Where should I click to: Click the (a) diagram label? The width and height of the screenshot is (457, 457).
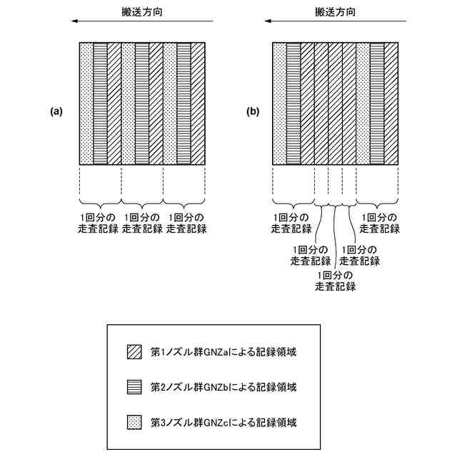tap(56, 111)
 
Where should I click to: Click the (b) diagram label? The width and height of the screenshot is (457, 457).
tap(253, 111)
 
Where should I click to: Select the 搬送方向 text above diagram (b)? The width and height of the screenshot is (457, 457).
tap(335, 12)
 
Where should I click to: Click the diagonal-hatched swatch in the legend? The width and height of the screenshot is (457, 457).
tap(134, 352)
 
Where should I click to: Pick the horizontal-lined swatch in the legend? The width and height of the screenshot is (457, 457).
tap(134, 387)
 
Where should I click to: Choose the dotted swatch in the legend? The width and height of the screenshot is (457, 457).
tap(134, 422)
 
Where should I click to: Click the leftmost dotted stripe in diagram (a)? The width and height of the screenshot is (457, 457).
tap(86, 104)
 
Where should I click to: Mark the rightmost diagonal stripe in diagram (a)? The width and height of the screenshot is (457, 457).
tap(198, 104)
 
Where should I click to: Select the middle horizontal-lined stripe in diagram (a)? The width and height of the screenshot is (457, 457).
tap(142, 104)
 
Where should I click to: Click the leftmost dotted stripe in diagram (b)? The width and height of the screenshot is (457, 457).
tap(280, 104)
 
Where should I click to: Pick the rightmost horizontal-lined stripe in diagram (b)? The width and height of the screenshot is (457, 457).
tap(377, 104)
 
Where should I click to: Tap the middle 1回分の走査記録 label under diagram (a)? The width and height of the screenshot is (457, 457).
tap(142, 223)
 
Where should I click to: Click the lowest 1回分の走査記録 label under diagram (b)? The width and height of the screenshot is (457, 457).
tap(335, 281)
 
